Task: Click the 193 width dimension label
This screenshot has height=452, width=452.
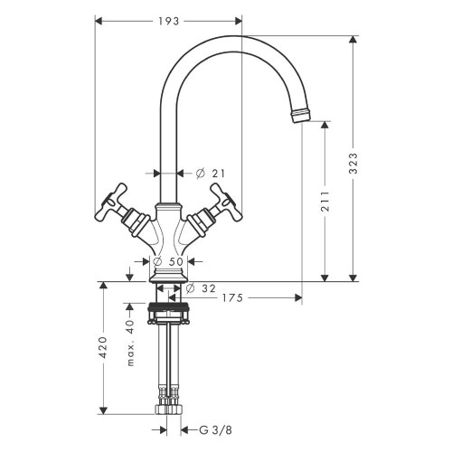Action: point(166,19)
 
